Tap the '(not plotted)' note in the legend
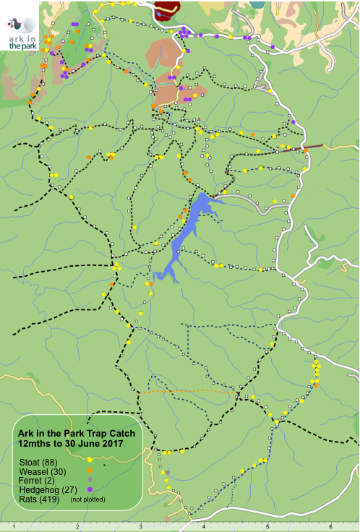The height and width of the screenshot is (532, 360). pyautogui.click(x=87, y=499)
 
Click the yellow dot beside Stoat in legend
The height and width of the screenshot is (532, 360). pyautogui.click(x=89, y=460)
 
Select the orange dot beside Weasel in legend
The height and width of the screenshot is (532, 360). pyautogui.click(x=89, y=471)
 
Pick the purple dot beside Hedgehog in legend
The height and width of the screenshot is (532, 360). pyautogui.click(x=89, y=489)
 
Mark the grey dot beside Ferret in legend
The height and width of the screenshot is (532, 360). pyautogui.click(x=89, y=480)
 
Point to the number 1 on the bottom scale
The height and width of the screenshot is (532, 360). pyautogui.click(x=13, y=526)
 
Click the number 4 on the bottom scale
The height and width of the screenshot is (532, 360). pyautogui.click(x=204, y=526)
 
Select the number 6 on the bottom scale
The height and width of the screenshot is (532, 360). pyautogui.click(x=330, y=526)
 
